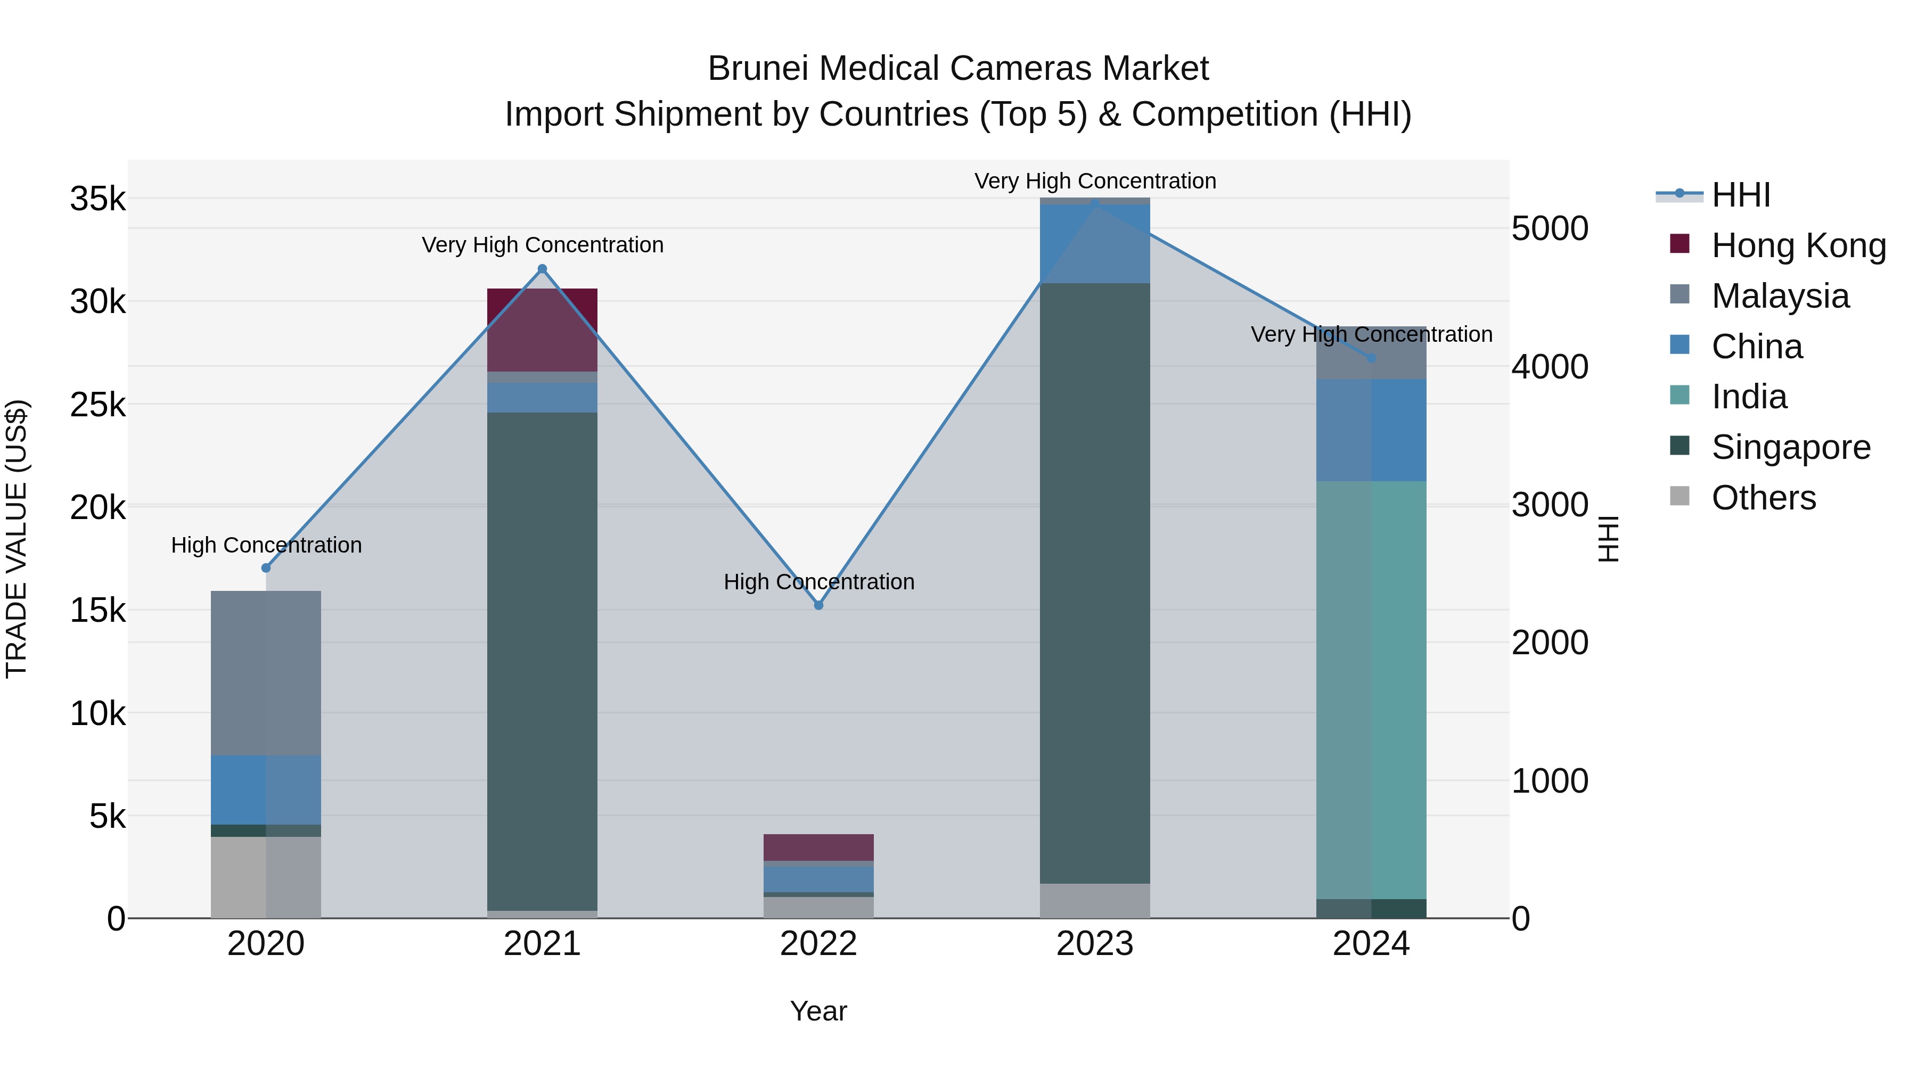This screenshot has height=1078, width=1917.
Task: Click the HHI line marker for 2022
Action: click(x=818, y=605)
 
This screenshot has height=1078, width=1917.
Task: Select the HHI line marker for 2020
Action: click(x=266, y=567)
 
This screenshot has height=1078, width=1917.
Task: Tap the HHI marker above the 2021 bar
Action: click(x=543, y=269)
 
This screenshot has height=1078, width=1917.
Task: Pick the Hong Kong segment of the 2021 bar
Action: click(x=543, y=330)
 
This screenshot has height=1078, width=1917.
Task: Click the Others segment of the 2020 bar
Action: click(x=266, y=877)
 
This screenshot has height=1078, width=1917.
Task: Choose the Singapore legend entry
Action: click(x=1790, y=447)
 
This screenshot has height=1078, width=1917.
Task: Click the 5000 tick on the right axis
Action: click(x=1550, y=228)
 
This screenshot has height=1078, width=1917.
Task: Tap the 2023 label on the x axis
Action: click(x=1095, y=944)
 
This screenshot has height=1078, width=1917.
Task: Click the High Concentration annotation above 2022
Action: click(x=818, y=582)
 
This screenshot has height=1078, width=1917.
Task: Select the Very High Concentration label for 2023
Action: click(x=1095, y=181)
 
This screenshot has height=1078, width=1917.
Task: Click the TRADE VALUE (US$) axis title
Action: click(x=17, y=539)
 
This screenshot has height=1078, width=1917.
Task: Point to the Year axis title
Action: click(x=818, y=1011)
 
